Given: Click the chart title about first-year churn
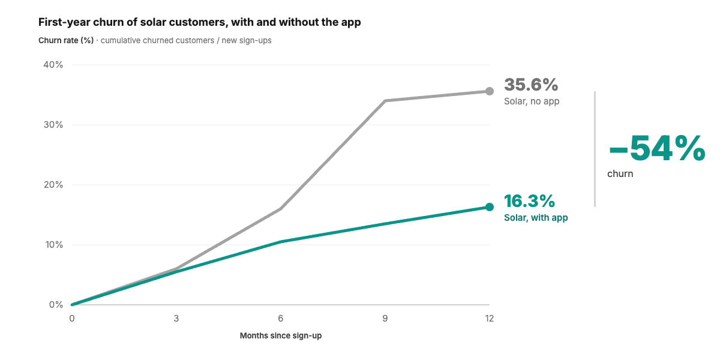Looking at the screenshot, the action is [200, 22].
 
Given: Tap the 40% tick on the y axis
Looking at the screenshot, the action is [53, 65].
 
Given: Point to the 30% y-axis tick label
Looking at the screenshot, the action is [53, 125].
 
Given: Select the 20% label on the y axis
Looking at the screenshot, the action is [53, 185].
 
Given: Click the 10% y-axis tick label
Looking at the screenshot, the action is [53, 245].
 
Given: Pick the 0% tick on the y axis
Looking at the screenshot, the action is [56, 305].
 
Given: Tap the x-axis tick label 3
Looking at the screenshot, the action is [176, 319].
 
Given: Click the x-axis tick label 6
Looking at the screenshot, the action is [281, 319].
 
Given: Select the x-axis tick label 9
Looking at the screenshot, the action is [385, 319].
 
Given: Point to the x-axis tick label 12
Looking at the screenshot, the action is [489, 319].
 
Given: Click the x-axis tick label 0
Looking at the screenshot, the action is [71, 319].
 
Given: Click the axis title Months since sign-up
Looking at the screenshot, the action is [281, 335].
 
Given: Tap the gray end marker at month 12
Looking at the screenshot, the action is [490, 91].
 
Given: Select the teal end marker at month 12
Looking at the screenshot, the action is [490, 207].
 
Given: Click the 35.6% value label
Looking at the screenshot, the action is [531, 85].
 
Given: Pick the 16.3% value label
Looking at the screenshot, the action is [529, 201].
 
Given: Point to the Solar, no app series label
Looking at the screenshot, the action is [532, 101].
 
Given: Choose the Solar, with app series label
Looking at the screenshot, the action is [536, 218].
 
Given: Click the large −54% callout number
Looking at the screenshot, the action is [657, 148].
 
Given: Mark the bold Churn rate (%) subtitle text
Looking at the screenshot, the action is [66, 41].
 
